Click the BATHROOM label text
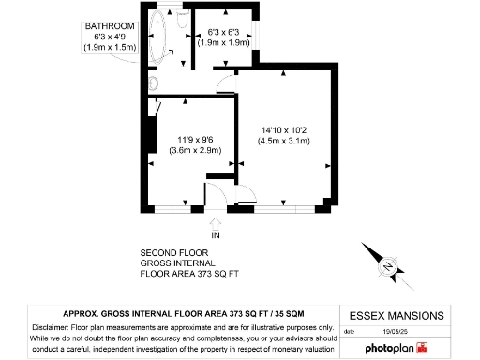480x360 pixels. (110, 25)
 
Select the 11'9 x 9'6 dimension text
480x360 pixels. (194, 139)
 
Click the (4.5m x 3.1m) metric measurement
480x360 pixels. (284, 142)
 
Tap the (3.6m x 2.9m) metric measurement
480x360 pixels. (194, 150)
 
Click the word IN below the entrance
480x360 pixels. (216, 233)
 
